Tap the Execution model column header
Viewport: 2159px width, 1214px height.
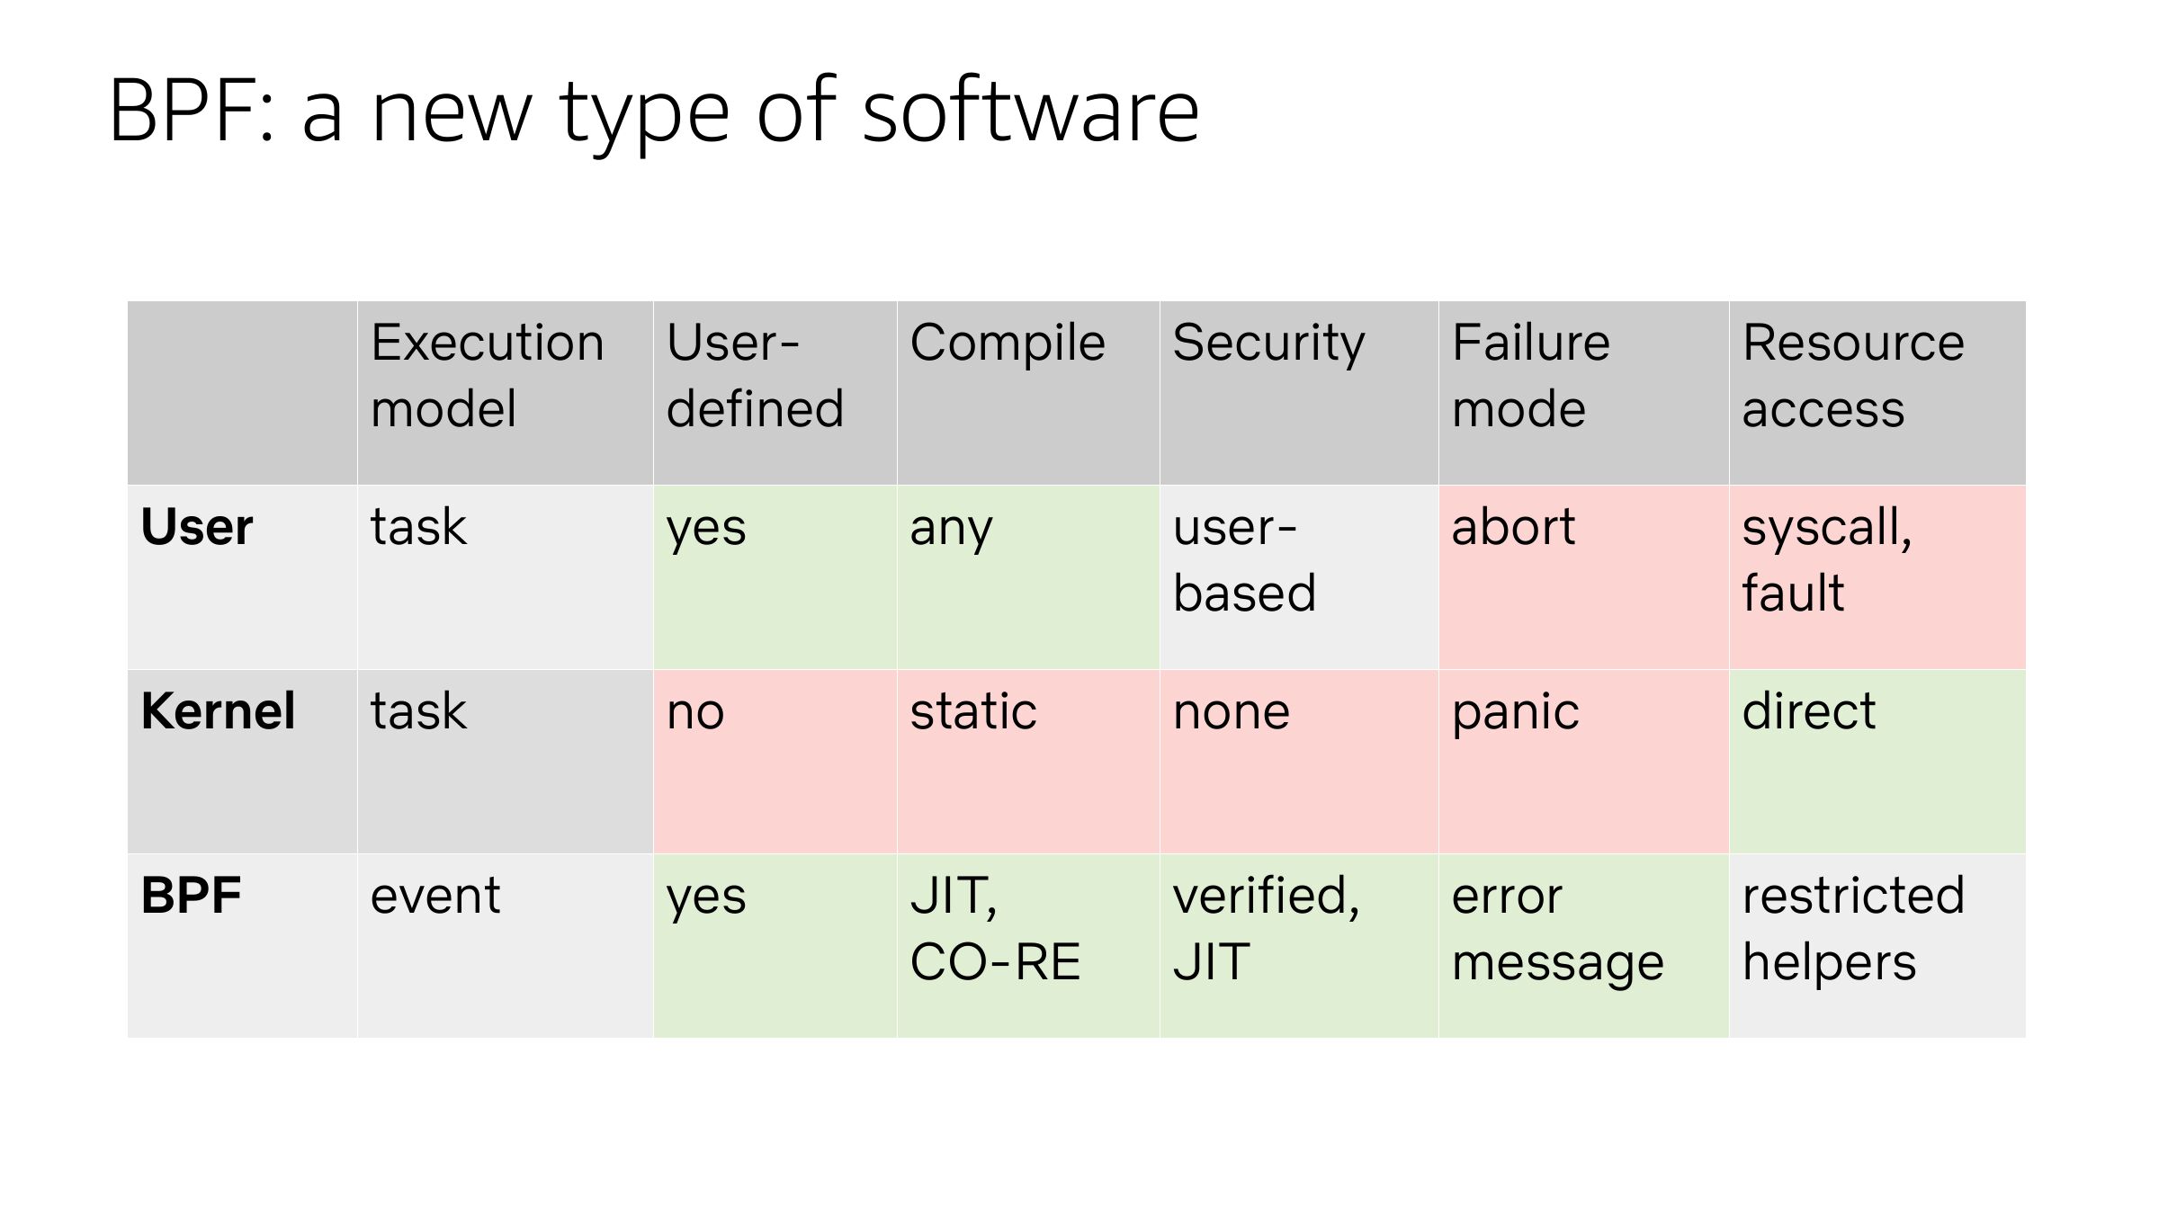click(487, 375)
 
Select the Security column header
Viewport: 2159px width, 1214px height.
click(1268, 344)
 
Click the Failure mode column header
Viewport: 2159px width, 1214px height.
click(1530, 375)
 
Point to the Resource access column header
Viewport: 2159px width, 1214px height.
click(1853, 375)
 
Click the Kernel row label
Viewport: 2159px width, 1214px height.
click(218, 711)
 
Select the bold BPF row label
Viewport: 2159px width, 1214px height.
click(191, 896)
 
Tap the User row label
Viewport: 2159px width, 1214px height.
click(197, 527)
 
